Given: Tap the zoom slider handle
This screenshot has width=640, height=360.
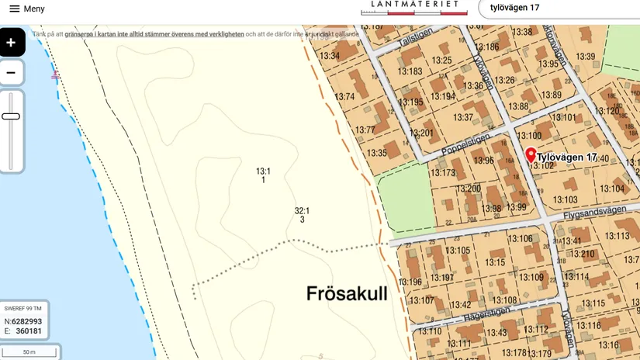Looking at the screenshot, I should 11,116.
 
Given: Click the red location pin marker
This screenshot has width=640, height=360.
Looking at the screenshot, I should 531,154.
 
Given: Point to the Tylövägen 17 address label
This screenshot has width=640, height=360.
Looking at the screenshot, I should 567,157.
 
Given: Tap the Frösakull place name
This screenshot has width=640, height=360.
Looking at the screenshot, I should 347,293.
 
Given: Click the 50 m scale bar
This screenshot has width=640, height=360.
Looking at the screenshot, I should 29,352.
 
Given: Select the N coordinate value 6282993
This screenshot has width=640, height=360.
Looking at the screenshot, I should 28,321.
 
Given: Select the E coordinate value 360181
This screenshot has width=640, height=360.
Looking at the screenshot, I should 29,331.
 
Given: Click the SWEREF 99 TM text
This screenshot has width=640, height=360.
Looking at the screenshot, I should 23,309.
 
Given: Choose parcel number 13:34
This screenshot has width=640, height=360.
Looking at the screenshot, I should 330,56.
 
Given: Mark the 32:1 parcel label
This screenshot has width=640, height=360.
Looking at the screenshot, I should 302,210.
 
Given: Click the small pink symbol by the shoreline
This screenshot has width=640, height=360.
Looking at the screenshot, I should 55,75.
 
